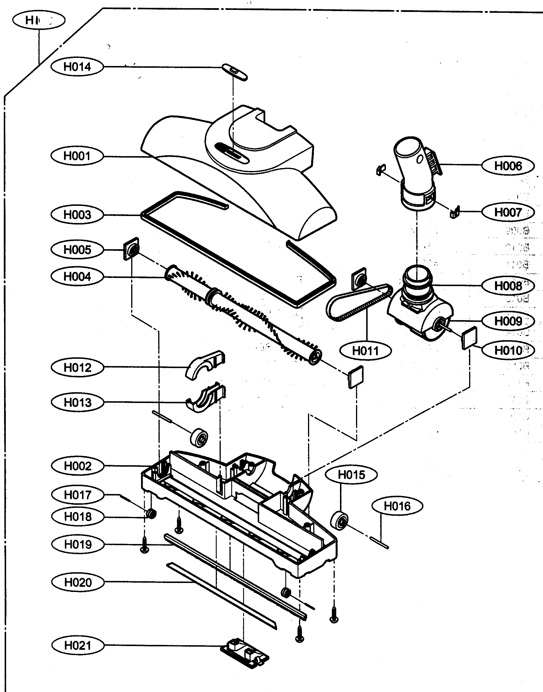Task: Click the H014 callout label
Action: click(x=77, y=67)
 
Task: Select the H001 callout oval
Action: click(x=77, y=156)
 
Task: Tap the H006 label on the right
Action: click(x=508, y=166)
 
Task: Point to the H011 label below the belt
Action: click(x=365, y=351)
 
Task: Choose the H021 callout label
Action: click(x=78, y=645)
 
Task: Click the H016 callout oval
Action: click(x=397, y=506)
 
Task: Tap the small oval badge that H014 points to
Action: click(x=234, y=72)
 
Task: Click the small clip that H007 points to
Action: click(x=455, y=212)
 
